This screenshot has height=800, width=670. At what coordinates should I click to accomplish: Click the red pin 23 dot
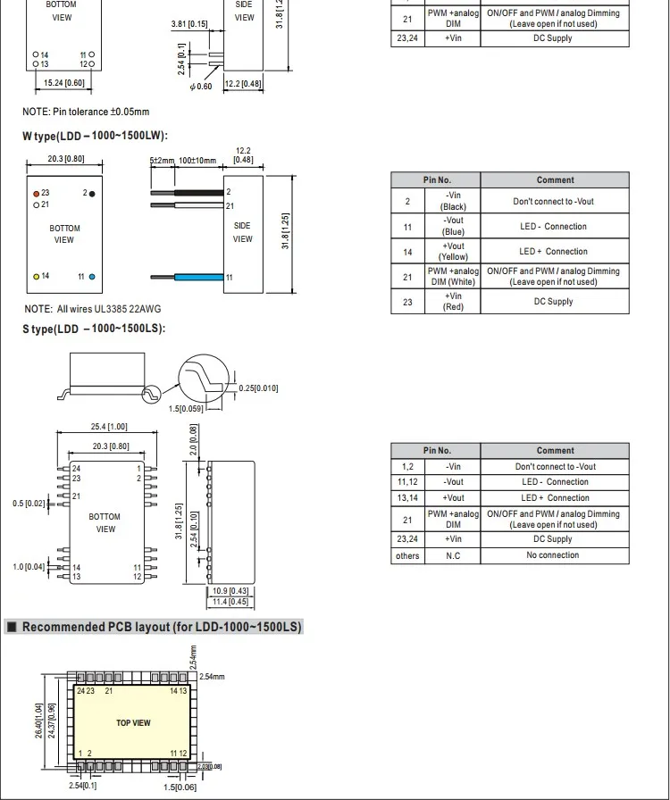(36, 193)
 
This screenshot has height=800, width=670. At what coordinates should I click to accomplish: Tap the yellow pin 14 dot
(36, 277)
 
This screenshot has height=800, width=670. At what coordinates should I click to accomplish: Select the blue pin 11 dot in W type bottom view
(91, 277)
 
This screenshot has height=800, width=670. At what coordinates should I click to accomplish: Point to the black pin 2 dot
(91, 193)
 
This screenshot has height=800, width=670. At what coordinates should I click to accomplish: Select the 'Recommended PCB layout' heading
(162, 627)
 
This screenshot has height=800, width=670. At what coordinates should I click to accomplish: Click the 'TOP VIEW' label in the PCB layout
(133, 723)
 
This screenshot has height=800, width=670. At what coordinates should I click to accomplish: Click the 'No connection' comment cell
(552, 555)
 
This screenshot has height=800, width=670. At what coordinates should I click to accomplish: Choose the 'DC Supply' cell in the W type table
(552, 302)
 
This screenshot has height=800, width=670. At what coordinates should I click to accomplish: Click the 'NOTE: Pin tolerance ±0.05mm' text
(86, 112)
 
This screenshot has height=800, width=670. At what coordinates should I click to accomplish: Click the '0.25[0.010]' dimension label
(258, 388)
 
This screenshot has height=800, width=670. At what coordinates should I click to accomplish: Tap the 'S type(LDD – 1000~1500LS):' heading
(94, 329)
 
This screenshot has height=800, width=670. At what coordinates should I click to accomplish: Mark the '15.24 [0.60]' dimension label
(64, 83)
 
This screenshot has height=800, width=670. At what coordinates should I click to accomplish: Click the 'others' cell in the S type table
(407, 555)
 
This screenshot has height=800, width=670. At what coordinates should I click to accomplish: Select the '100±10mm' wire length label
(197, 161)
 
